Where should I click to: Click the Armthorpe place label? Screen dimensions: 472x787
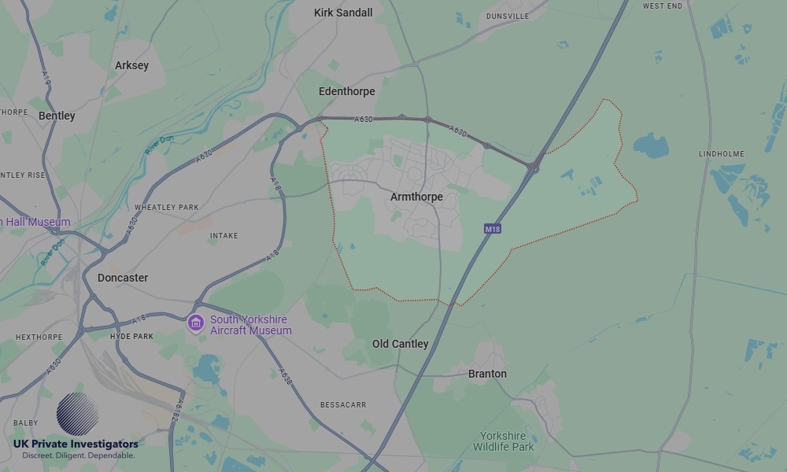click(416, 197)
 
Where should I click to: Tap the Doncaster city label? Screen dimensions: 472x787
click(123, 278)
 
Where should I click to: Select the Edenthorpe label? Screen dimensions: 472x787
click(346, 91)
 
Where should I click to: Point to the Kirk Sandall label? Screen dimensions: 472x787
click(343, 13)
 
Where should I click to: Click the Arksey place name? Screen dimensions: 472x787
click(131, 65)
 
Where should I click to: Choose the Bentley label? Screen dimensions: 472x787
click(57, 116)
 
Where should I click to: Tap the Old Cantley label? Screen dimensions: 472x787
click(401, 344)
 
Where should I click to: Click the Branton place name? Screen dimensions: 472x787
click(487, 374)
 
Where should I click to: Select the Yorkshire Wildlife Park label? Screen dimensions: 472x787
click(504, 441)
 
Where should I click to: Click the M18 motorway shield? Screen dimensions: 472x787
click(492, 229)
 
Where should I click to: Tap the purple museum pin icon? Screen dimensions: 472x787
click(196, 323)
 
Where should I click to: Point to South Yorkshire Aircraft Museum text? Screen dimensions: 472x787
click(250, 325)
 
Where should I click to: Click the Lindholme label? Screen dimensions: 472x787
click(721, 154)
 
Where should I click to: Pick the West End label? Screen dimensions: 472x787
click(663, 6)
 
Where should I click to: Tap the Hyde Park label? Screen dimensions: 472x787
click(131, 336)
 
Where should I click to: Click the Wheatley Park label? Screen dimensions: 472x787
click(166, 208)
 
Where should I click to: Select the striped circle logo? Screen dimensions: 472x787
click(77, 414)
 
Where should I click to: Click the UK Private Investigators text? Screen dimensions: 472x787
click(76, 444)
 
